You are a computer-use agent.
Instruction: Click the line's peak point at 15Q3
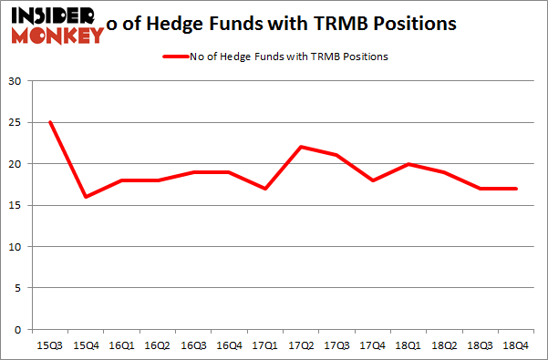tap(50, 122)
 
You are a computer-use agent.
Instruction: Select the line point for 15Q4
tap(86, 197)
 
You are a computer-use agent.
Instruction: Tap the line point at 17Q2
tap(301, 147)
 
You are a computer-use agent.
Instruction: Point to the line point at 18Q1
tap(409, 164)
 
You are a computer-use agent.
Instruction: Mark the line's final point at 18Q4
tap(517, 189)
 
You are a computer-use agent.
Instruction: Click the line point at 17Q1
tap(265, 189)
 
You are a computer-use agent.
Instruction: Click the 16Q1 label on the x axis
tap(122, 347)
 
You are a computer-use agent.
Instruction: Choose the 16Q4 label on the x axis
tap(230, 347)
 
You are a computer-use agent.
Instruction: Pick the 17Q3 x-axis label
tap(337, 347)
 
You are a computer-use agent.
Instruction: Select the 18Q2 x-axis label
tap(445, 347)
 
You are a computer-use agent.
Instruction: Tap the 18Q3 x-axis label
tap(481, 347)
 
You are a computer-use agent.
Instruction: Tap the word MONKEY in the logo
tap(57, 36)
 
